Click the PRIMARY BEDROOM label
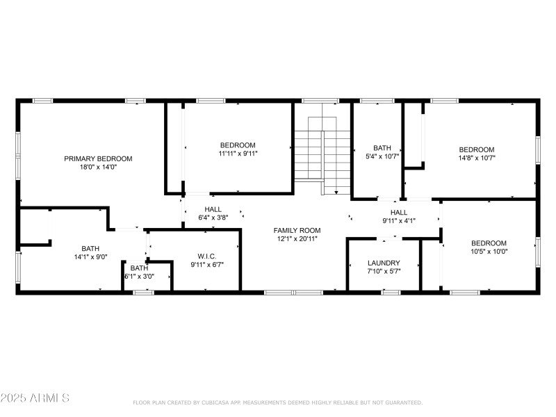[x=98, y=158]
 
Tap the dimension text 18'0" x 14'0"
[x=98, y=167]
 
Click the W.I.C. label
[x=207, y=256]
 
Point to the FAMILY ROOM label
[x=297, y=230]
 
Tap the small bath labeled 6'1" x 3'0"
[x=139, y=272]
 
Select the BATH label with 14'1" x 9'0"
[x=90, y=248]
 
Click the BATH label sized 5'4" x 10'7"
[x=382, y=148]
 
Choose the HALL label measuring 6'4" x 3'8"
[x=213, y=209]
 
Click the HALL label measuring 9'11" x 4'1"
[x=398, y=213]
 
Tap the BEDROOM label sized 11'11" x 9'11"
[x=238, y=145]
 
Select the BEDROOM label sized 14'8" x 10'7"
[x=477, y=149]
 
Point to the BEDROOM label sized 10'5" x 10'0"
[x=489, y=243]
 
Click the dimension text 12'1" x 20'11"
[x=297, y=238]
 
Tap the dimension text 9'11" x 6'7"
[x=207, y=264]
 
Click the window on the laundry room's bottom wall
[x=391, y=292]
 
